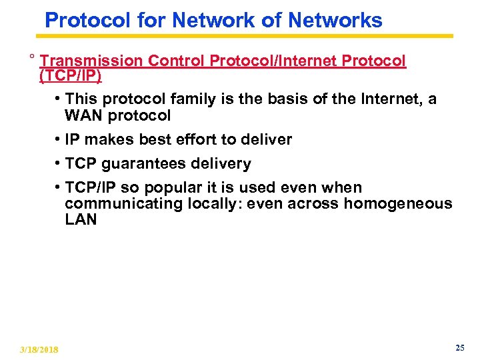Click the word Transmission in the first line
(91, 61)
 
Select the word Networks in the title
(335, 20)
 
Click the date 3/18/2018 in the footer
(39, 349)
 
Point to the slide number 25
(459, 347)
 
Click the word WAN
(81, 115)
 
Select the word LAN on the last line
(81, 219)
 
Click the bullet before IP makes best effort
(59, 139)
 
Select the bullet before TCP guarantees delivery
(59, 163)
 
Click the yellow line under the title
(247, 36)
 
